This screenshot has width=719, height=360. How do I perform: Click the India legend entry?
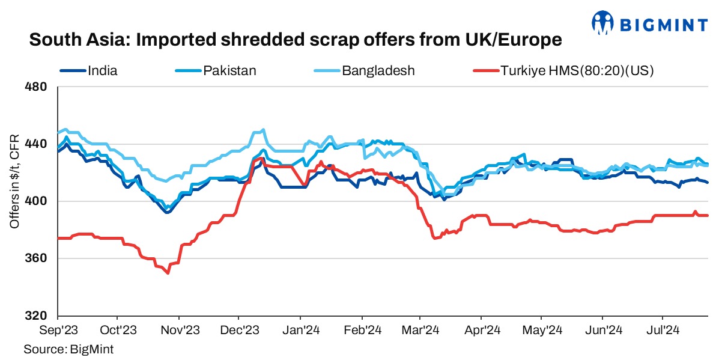coord(103,71)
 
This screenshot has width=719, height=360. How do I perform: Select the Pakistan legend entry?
coord(229,71)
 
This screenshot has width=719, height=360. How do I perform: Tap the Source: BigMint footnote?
coord(68,349)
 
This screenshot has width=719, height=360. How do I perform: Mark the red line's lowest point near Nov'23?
coord(168,273)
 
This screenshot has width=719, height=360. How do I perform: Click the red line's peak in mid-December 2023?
coord(260,159)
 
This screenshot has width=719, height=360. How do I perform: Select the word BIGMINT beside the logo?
coord(664,23)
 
